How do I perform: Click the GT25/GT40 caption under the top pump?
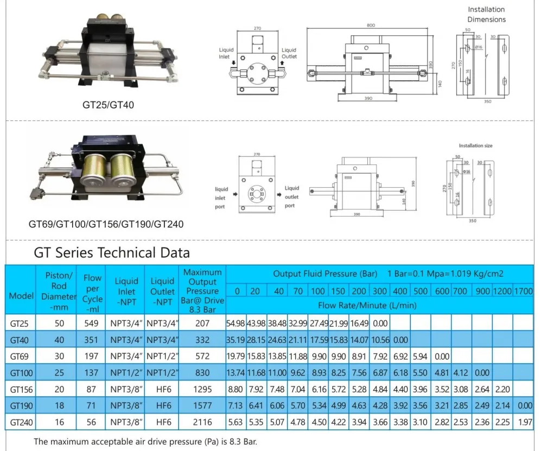[x=108, y=106]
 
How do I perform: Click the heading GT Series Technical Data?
[x=112, y=252]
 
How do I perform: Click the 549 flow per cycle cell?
[x=92, y=323]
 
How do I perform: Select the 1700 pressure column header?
[x=523, y=291]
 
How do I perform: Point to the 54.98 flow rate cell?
[x=236, y=323]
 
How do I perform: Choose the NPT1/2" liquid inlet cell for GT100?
[x=125, y=373]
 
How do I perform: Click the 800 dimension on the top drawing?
[x=370, y=26]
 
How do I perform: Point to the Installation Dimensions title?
[x=486, y=14]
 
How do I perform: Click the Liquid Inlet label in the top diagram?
[x=224, y=53]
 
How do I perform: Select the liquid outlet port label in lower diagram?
[x=292, y=197]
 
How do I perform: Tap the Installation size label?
[x=475, y=146]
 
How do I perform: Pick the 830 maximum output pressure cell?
[x=202, y=373]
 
